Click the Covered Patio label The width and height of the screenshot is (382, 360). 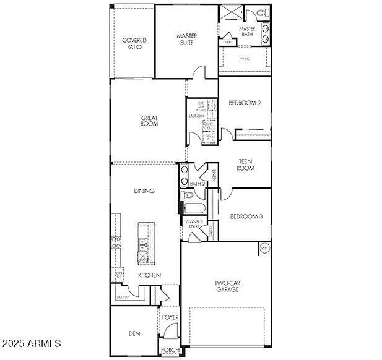pyautogui.click(x=134, y=43)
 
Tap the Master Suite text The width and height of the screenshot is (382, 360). pyautogui.click(x=186, y=40)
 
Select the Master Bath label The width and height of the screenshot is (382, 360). pyautogui.click(x=248, y=32)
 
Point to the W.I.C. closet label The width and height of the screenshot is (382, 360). pyautogui.click(x=243, y=59)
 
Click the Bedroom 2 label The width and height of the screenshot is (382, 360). pyautogui.click(x=245, y=103)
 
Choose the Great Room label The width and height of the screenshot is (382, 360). pyautogui.click(x=149, y=121)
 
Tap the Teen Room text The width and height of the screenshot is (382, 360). pyautogui.click(x=246, y=165)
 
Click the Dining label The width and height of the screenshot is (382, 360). pyautogui.click(x=144, y=191)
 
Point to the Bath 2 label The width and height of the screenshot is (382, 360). pyautogui.click(x=198, y=184)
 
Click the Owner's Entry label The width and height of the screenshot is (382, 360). pyautogui.click(x=194, y=224)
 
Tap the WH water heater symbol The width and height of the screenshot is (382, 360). pyautogui.click(x=264, y=248)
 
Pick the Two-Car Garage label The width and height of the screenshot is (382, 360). pyautogui.click(x=227, y=286)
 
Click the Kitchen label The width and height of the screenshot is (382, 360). pyautogui.click(x=149, y=275)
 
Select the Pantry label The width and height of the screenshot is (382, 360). pyautogui.click(x=122, y=298)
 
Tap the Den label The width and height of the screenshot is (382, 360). pyautogui.click(x=134, y=333)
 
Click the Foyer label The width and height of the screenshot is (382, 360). pyautogui.click(x=170, y=318)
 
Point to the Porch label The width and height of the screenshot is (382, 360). pyautogui.click(x=170, y=350)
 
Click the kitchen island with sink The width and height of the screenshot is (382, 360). pyautogui.click(x=143, y=241)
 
